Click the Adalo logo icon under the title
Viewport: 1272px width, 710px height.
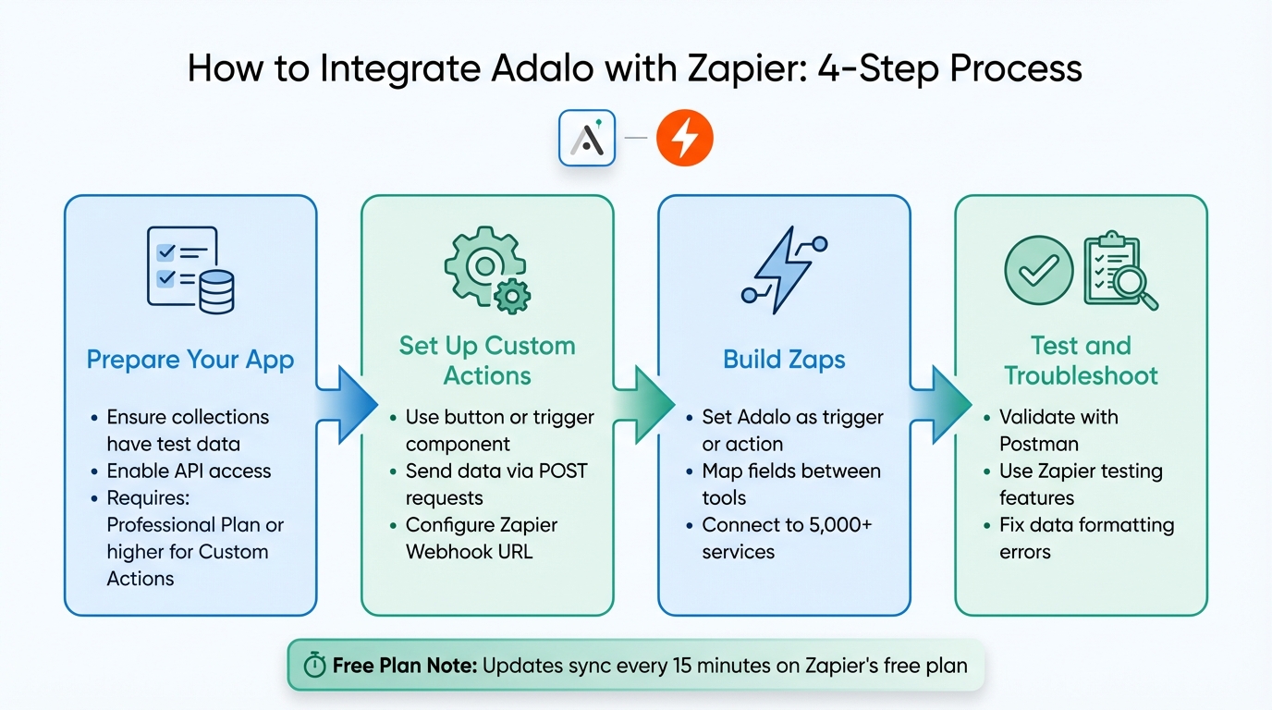(x=587, y=139)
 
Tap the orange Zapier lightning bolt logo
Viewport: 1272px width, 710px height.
(x=684, y=139)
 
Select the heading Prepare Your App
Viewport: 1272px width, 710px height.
(x=190, y=360)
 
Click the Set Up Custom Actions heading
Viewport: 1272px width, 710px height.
(x=487, y=361)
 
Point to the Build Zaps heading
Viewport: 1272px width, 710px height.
(x=784, y=360)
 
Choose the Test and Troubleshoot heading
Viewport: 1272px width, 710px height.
(x=1081, y=361)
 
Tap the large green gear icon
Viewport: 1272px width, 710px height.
(x=478, y=263)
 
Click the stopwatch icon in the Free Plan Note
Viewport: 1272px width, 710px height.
(x=314, y=666)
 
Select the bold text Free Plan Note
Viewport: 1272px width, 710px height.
(x=403, y=666)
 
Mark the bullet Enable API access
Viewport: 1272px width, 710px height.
(x=189, y=471)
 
